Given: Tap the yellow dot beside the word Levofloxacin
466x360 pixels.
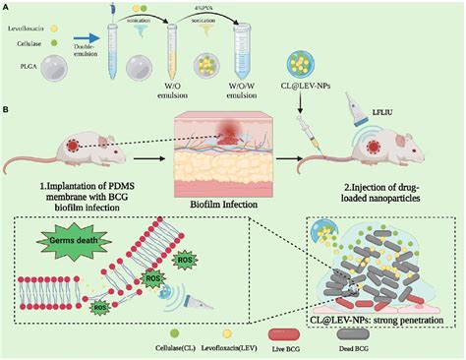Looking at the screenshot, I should (83, 18).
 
